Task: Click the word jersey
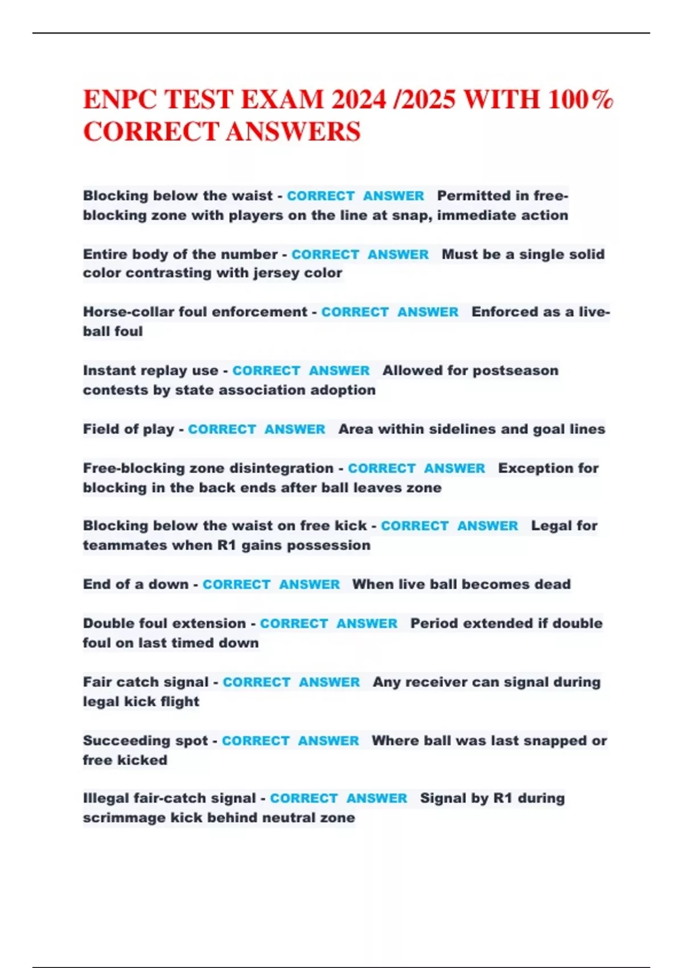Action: [276, 273]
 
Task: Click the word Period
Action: [435, 624]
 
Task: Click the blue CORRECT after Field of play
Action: [222, 429]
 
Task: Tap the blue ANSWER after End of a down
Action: [310, 585]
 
